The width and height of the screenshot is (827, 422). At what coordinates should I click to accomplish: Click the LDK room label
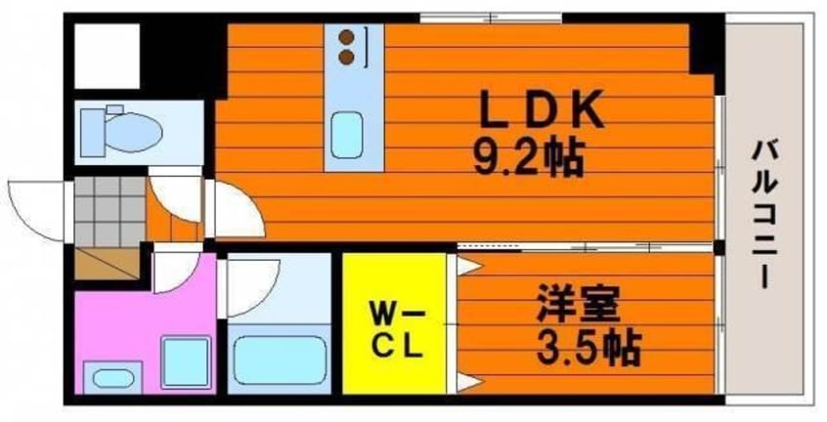541,110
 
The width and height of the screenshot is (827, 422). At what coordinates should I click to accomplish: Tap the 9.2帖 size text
529,158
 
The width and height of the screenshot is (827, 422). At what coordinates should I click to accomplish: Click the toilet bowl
133,132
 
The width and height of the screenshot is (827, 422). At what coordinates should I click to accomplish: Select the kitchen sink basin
346,136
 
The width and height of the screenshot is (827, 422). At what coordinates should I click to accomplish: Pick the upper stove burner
346,37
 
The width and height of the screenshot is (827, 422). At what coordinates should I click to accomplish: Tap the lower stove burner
346,57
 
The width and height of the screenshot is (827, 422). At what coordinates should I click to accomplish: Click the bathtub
280,359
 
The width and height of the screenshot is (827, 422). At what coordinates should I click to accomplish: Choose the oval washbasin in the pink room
112,378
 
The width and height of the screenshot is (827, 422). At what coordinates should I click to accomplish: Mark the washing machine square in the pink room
186,362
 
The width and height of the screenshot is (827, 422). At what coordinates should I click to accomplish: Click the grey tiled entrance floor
109,211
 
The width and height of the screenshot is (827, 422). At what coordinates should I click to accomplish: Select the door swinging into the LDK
237,210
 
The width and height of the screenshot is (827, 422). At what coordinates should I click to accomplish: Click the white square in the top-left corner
108,56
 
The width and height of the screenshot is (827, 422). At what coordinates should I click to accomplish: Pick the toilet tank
92,133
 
